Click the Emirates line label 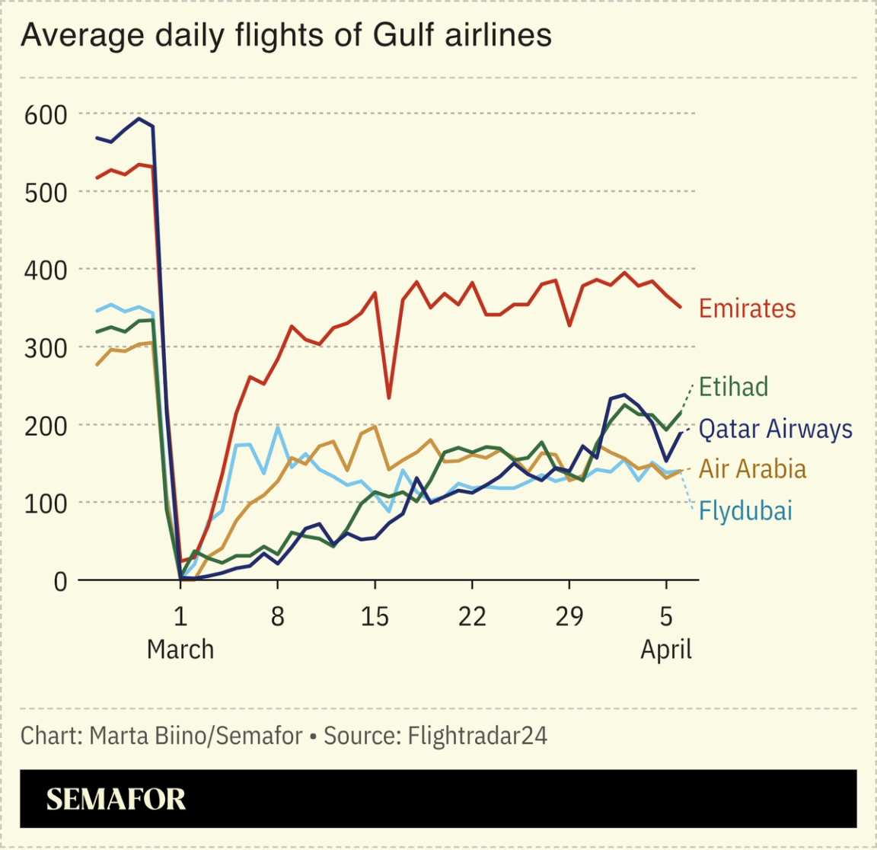(x=747, y=308)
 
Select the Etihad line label (x=733, y=387)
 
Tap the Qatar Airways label (x=775, y=429)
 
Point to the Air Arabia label (x=752, y=469)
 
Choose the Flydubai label (x=745, y=510)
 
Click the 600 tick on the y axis (x=46, y=115)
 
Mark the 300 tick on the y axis (x=46, y=348)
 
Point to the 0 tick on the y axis (x=59, y=581)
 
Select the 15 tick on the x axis (x=375, y=616)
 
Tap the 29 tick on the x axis (x=569, y=616)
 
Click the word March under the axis (x=180, y=650)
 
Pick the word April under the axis (x=665, y=650)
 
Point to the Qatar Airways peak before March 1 (x=139, y=119)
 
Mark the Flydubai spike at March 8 (x=278, y=427)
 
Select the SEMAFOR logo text (x=116, y=799)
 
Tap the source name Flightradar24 (x=477, y=736)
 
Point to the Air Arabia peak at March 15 (x=375, y=427)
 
